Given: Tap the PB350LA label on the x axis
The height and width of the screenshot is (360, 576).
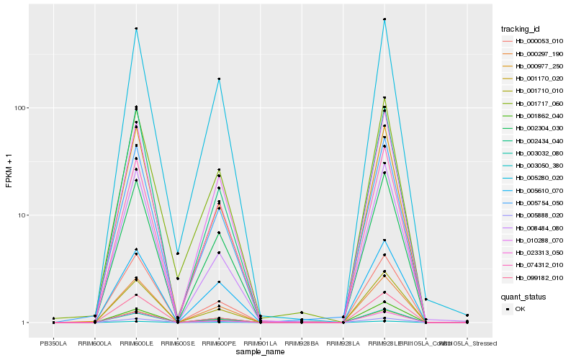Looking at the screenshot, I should [53, 344].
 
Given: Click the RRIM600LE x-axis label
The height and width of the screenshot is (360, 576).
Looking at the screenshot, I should [136, 344].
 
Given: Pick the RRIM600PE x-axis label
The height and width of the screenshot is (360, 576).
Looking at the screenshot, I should [219, 344].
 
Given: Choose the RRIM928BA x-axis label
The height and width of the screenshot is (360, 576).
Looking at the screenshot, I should [302, 344].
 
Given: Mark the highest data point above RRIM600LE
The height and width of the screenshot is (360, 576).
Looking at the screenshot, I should [136, 29].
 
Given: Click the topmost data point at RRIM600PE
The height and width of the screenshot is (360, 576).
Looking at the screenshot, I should [219, 79].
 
